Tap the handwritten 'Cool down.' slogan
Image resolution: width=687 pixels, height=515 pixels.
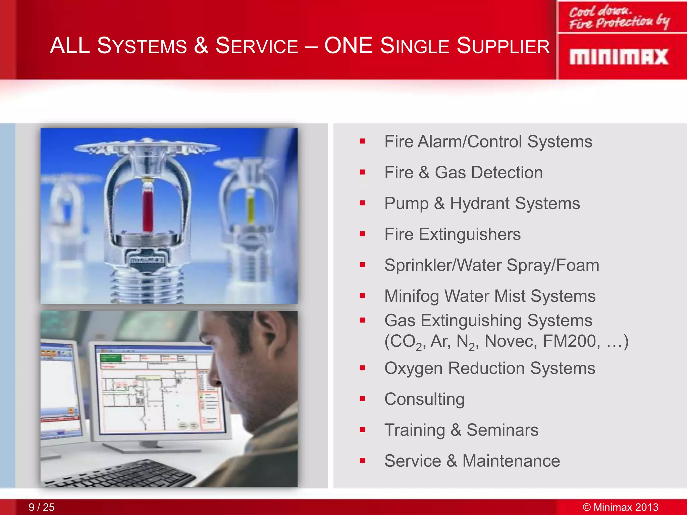pos(600,11)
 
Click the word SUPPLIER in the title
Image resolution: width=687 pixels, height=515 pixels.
pos(503,46)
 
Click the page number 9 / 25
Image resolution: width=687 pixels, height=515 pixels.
pos(41,507)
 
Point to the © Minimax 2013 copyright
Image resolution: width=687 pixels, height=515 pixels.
pos(620,507)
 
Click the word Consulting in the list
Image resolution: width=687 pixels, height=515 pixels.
pos(424,399)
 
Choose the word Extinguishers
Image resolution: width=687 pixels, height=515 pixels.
pos(470,234)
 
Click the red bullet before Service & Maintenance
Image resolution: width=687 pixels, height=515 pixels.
pos(362,461)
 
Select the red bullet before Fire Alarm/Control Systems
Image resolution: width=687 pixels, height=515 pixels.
pos(362,141)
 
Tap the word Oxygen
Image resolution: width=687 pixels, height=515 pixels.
pos(414,368)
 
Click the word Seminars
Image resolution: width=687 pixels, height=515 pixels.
pos(502,430)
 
